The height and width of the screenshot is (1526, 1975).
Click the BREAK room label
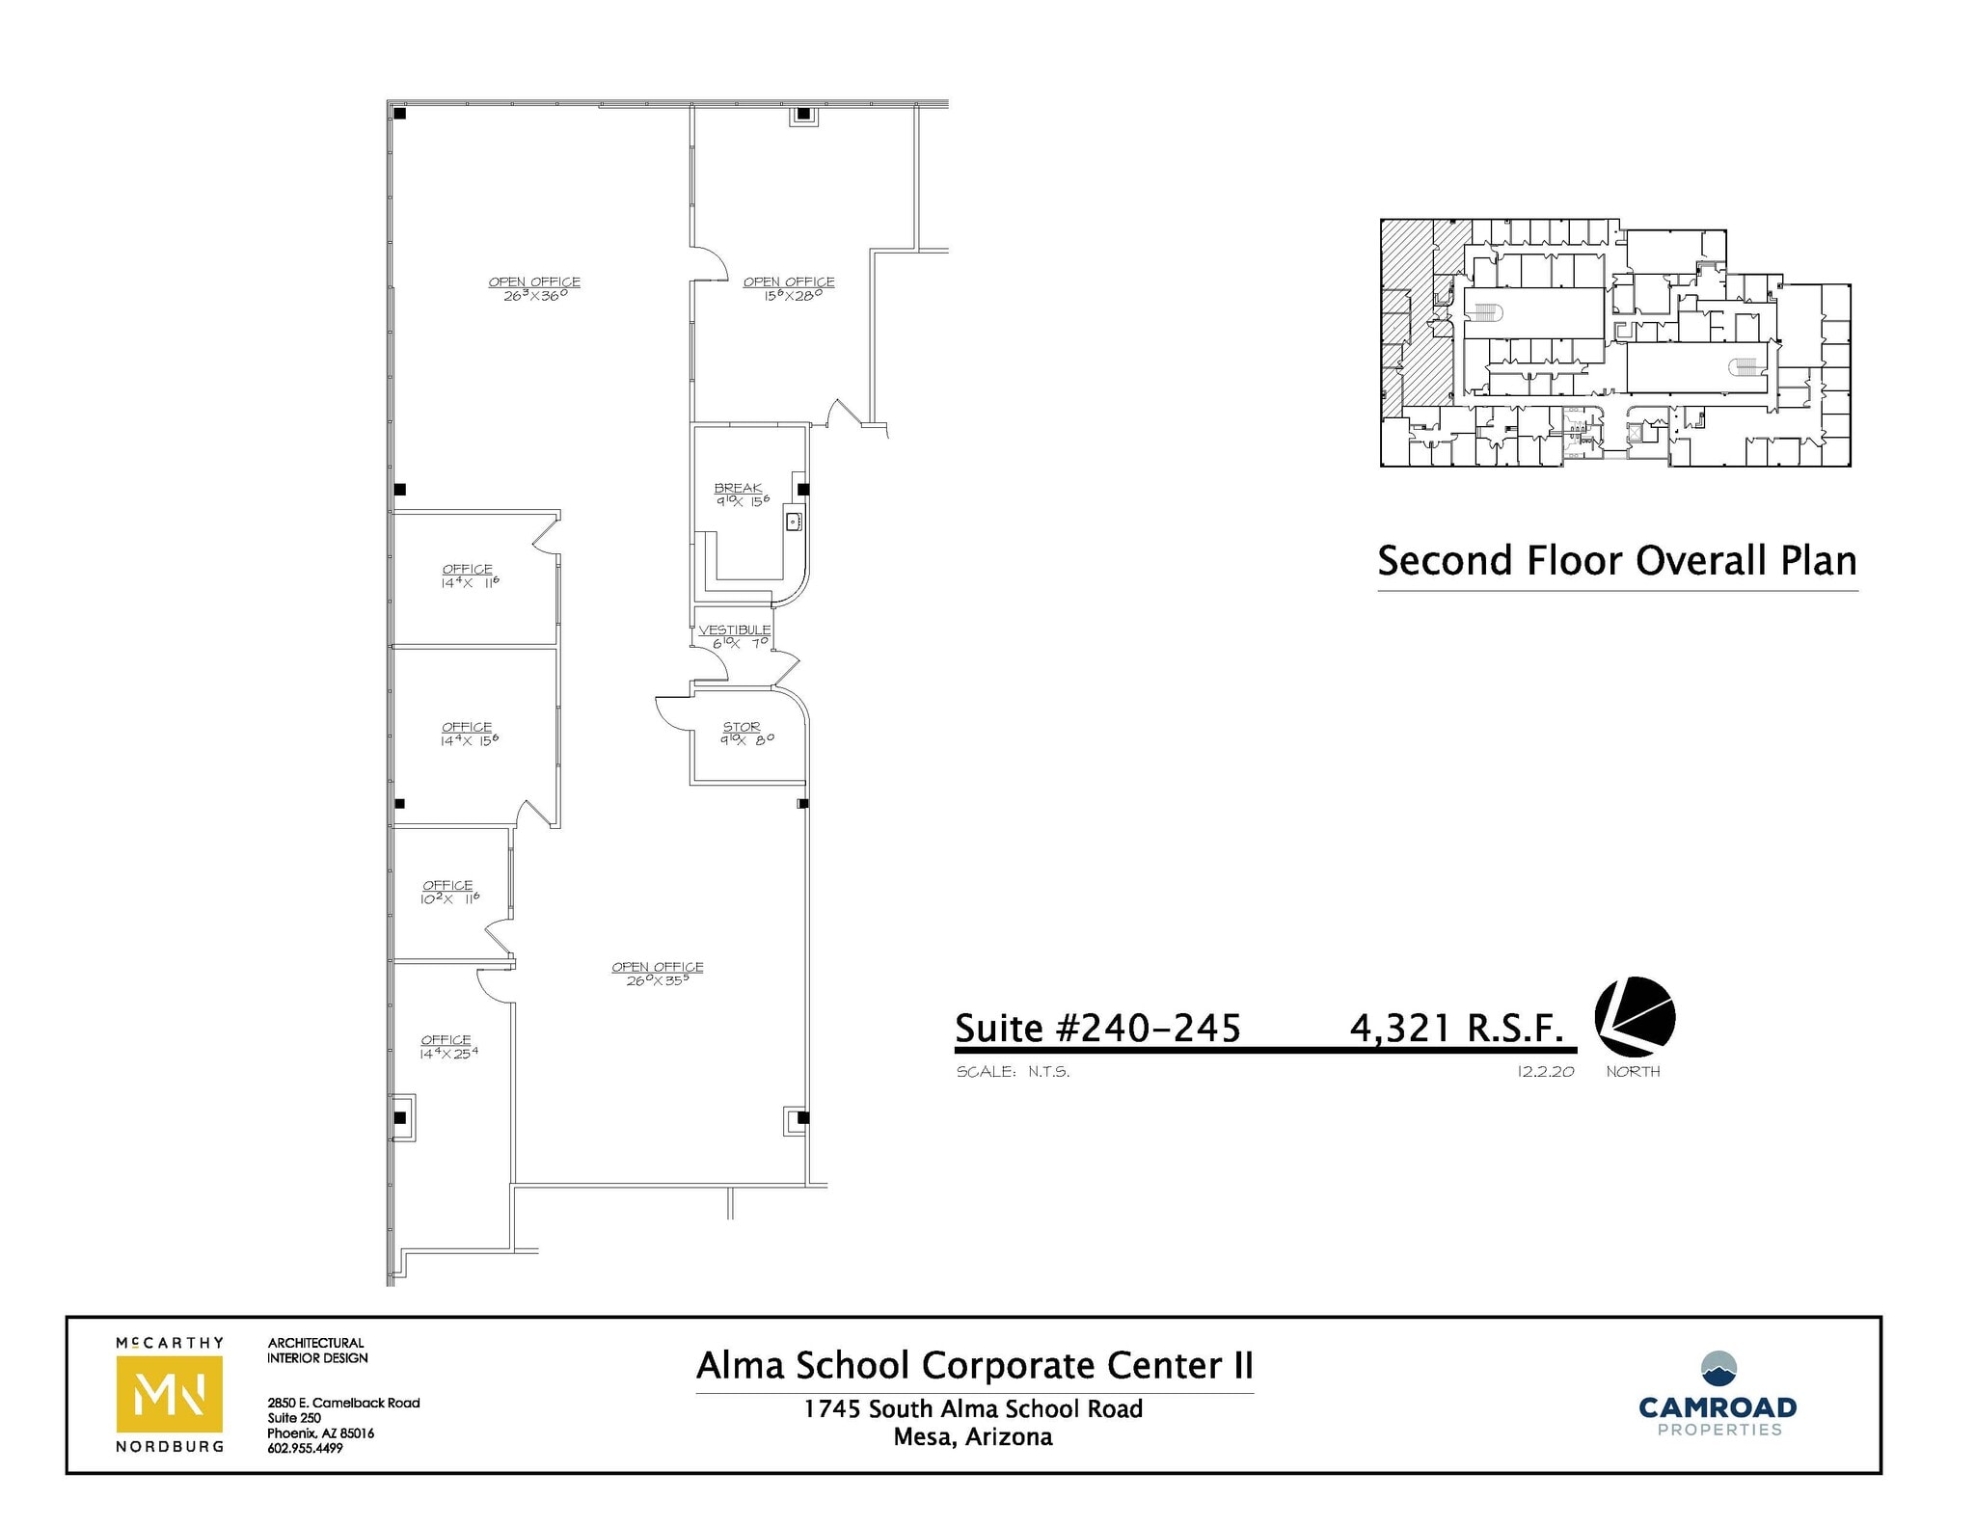738,488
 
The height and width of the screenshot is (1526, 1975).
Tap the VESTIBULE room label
734,629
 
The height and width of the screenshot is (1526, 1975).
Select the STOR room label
742,727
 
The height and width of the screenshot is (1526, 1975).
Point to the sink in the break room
795,522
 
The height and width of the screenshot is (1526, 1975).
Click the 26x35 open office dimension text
658,980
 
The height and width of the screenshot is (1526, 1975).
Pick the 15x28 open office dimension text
789,296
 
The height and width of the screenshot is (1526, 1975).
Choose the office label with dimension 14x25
446,1040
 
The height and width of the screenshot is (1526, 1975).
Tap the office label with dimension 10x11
447,885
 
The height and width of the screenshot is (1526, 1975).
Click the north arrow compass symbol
1635,1018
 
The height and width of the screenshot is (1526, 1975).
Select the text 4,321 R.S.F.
1456,1028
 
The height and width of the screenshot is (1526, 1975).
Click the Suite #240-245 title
1097,1028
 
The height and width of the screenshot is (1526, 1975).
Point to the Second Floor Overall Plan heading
1617,561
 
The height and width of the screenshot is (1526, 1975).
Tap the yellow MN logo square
170,1393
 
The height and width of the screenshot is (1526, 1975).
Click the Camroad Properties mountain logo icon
1718,1368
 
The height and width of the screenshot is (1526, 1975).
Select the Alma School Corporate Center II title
974,1365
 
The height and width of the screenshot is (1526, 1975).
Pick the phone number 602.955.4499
305,1448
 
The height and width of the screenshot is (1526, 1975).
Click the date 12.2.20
1545,1071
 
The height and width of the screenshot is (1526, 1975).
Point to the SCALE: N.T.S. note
1013,1071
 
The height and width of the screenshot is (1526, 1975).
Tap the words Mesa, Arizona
973,1437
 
